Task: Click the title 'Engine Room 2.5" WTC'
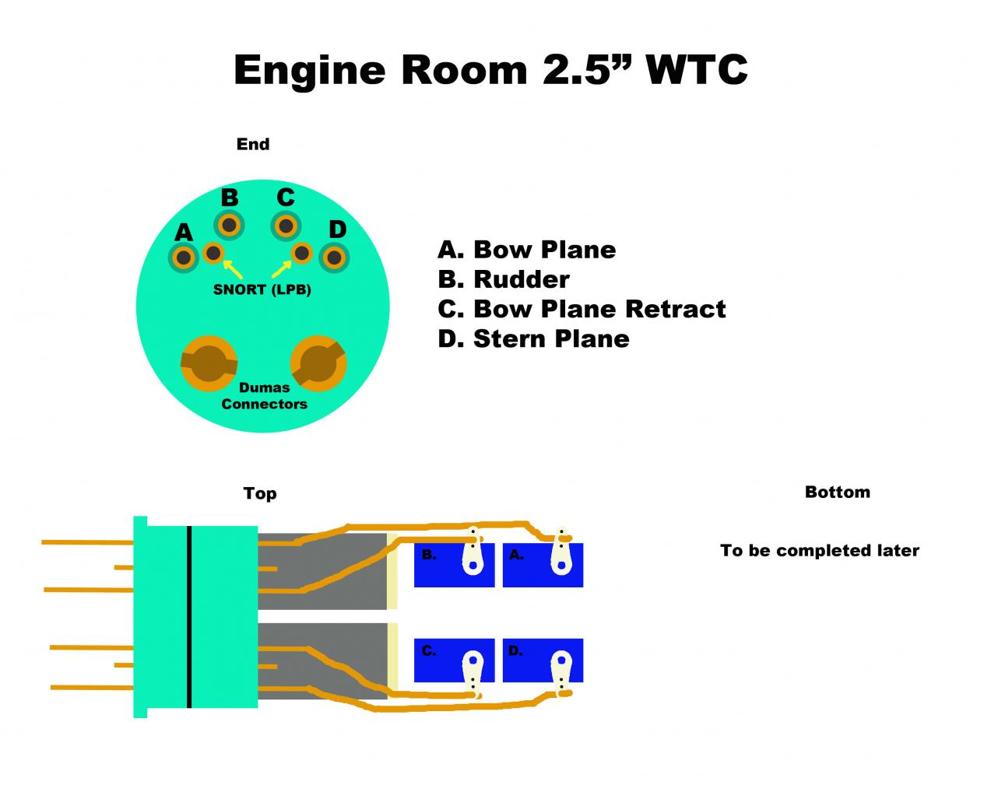(490, 70)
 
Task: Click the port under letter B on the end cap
(230, 226)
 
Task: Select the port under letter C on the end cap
(286, 226)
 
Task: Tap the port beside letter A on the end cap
(184, 258)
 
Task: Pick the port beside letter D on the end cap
(335, 258)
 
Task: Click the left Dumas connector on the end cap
(209, 363)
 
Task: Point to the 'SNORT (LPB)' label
(262, 290)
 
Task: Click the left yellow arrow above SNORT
(232, 269)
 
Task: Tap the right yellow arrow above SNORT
(282, 269)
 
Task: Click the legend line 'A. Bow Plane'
(526, 250)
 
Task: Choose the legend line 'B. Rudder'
(503, 279)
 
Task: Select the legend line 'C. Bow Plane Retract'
(581, 309)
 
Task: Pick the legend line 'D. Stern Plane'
(533, 338)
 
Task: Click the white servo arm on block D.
(561, 669)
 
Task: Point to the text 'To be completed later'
(820, 551)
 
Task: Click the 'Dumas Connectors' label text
(264, 396)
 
